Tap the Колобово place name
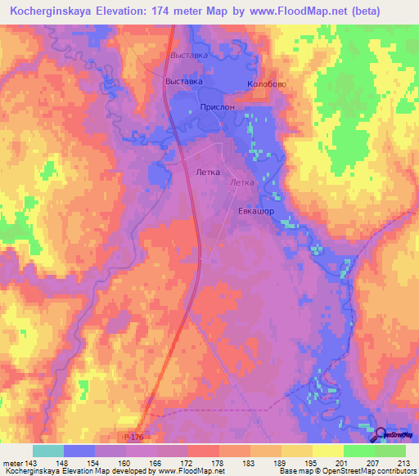click(x=266, y=84)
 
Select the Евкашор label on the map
click(x=255, y=211)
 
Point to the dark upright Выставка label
click(x=184, y=82)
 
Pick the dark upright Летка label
click(x=210, y=173)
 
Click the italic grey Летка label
click(x=243, y=183)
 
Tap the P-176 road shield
click(x=142, y=439)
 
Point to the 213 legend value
click(x=403, y=462)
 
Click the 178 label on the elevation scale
click(x=218, y=462)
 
